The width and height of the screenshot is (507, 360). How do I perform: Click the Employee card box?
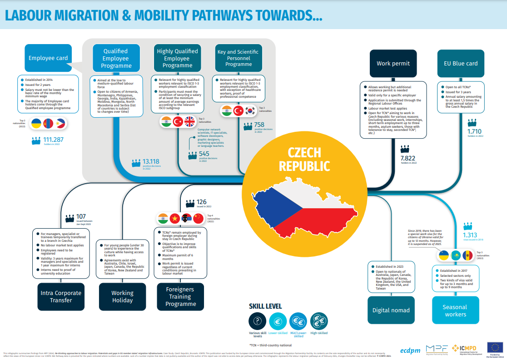(x=48, y=58)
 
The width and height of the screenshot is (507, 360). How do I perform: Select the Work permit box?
(x=393, y=63)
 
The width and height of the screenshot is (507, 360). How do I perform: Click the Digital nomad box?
(x=391, y=310)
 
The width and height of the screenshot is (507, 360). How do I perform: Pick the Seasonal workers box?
(x=455, y=310)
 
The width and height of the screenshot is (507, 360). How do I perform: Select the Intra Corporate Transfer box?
(x=61, y=296)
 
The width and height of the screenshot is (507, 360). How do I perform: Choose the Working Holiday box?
(x=122, y=296)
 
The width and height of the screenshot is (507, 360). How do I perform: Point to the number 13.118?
(x=151, y=161)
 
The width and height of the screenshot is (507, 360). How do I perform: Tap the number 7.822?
(x=408, y=158)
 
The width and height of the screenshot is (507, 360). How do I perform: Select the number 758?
(x=259, y=125)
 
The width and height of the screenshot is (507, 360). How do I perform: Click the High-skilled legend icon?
(x=319, y=322)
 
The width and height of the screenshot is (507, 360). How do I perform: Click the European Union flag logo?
(x=495, y=348)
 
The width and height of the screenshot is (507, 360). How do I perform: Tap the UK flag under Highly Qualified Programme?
(x=189, y=121)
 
